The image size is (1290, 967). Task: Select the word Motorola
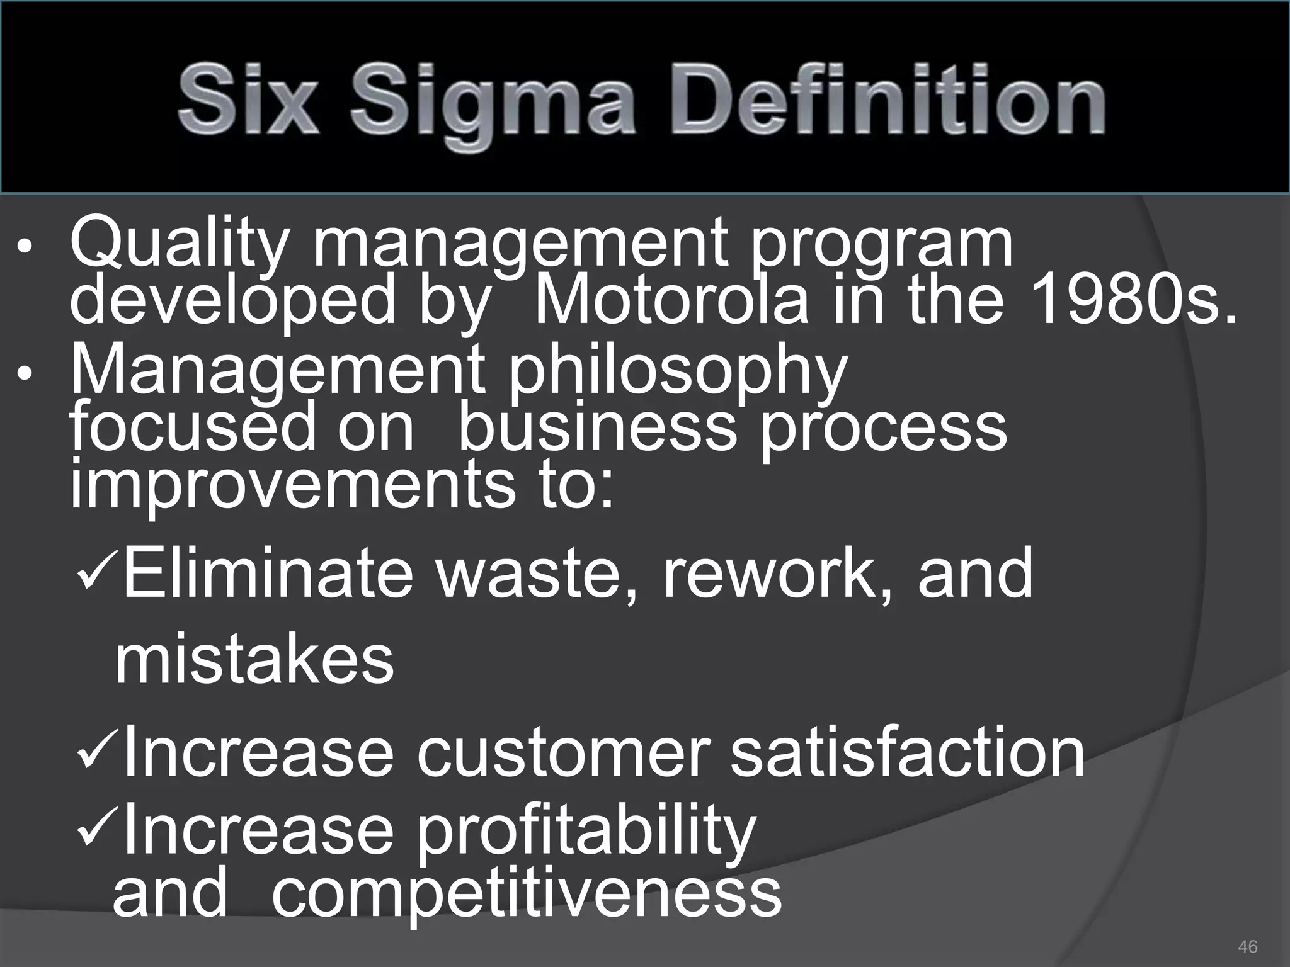(671, 301)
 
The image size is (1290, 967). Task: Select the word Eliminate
(268, 573)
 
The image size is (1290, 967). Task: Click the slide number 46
(1247, 946)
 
